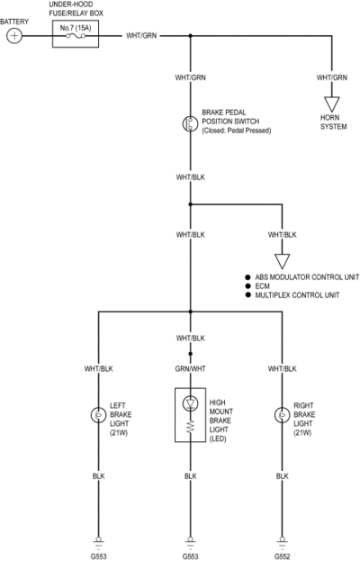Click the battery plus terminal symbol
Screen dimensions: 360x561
[14, 36]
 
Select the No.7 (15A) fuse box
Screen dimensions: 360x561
[76, 34]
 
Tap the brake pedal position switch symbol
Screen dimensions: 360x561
[190, 123]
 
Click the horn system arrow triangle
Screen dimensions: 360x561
[332, 104]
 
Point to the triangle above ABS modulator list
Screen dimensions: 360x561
[282, 261]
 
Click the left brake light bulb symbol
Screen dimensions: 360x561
[98, 415]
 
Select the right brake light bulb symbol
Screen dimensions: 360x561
[282, 415]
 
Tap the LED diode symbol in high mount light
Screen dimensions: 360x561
[190, 403]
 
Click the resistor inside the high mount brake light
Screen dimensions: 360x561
[190, 427]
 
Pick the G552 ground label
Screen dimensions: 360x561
[282, 556]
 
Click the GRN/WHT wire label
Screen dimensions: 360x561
[190, 368]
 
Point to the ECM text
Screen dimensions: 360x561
[263, 286]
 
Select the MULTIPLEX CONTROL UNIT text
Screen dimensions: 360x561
[297, 295]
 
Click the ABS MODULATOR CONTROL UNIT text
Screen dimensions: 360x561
[307, 277]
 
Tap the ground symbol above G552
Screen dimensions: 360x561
[282, 542]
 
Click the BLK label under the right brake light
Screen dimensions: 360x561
[282, 476]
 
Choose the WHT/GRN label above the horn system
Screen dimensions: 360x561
[332, 77]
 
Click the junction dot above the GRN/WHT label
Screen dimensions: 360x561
[190, 354]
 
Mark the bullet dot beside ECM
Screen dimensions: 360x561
[247, 286]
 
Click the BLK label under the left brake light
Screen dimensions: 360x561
[98, 476]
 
